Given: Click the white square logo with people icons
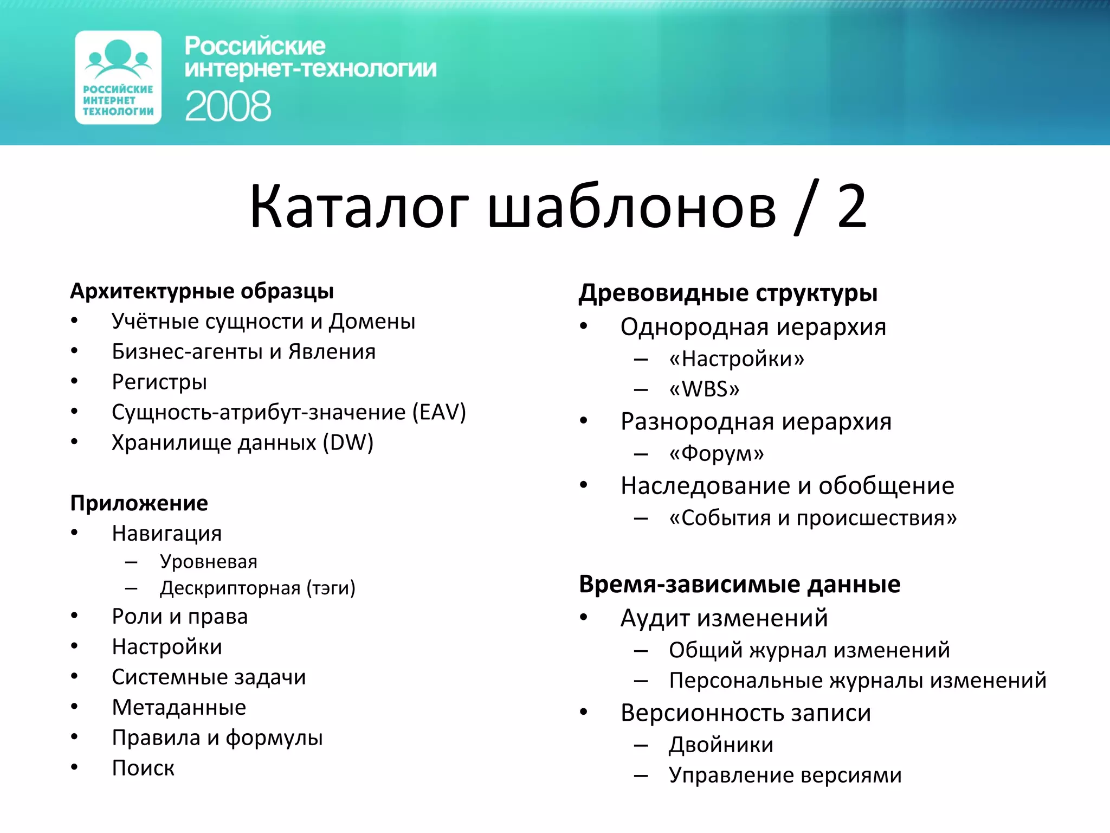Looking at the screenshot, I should pyautogui.click(x=118, y=78).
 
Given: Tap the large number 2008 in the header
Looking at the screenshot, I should pyautogui.click(x=228, y=106).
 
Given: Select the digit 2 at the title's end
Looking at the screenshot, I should pyautogui.click(x=851, y=206).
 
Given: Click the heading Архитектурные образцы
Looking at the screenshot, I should pyautogui.click(x=202, y=291).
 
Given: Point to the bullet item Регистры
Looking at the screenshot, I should pyautogui.click(x=159, y=382).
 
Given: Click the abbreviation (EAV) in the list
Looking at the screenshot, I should pyautogui.click(x=439, y=412).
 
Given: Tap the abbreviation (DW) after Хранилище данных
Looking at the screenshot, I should pyautogui.click(x=348, y=443).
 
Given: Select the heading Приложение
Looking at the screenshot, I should pyautogui.click(x=139, y=503).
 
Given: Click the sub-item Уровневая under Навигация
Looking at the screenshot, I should pyautogui.click(x=209, y=561).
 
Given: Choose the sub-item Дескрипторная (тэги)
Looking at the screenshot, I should pyautogui.click(x=257, y=588).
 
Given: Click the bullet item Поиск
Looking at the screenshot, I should pyautogui.click(x=143, y=768).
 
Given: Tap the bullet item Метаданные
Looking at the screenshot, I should pyautogui.click(x=179, y=707).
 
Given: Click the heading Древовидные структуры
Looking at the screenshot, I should pyautogui.click(x=728, y=293).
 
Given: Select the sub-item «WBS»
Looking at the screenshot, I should pyautogui.click(x=704, y=389).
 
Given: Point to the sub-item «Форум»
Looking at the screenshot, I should pyautogui.click(x=716, y=453).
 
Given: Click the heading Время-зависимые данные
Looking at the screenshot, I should pyautogui.click(x=739, y=584).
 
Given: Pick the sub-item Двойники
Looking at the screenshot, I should pyautogui.click(x=721, y=745).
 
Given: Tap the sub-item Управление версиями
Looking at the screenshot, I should pyautogui.click(x=785, y=775).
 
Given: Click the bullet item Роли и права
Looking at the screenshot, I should pyautogui.click(x=179, y=617).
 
